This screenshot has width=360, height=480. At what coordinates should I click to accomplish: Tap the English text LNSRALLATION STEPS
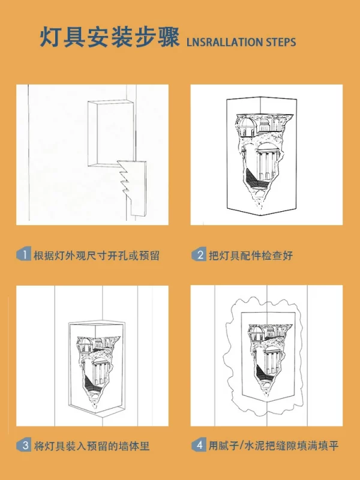[x=241, y=42]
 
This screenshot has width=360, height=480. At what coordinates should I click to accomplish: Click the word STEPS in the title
[x=281, y=42]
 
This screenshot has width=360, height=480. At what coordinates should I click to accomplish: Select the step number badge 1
[x=23, y=254]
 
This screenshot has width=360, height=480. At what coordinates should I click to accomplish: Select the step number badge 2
[x=199, y=254]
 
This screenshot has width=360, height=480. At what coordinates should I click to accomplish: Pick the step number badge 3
[x=23, y=445]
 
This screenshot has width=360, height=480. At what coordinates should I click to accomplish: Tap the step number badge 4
[x=199, y=445]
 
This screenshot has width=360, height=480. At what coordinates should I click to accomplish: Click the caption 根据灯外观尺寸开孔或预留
[x=97, y=256]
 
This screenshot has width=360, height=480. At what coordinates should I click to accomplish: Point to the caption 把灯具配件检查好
[x=251, y=256]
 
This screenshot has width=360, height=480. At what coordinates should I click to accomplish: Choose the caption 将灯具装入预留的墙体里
[x=92, y=446]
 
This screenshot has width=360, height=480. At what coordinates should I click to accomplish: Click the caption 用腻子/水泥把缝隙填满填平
[x=274, y=446]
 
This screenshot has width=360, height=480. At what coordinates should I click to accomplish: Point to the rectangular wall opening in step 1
[x=111, y=133]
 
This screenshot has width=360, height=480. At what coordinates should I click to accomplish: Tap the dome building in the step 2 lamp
[x=247, y=127]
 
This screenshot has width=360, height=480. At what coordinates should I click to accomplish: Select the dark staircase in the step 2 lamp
[x=254, y=178]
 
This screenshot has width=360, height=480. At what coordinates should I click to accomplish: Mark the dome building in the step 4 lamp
[x=256, y=333]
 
